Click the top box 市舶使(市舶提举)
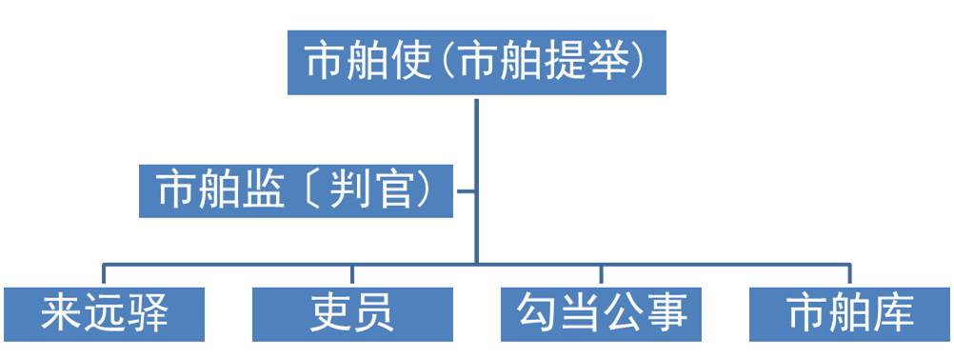coord(476,63)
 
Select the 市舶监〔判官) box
coord(296,190)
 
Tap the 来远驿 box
coord(104,313)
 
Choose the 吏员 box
coord(352,313)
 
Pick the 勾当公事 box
coord(602,313)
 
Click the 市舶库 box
coord(850,313)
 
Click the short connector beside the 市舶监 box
coord(466,190)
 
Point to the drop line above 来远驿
coord(104,273)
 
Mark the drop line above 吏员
coord(352,273)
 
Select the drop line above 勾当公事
coord(602,273)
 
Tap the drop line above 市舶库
coord(850,273)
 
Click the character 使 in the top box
coord(411,63)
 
